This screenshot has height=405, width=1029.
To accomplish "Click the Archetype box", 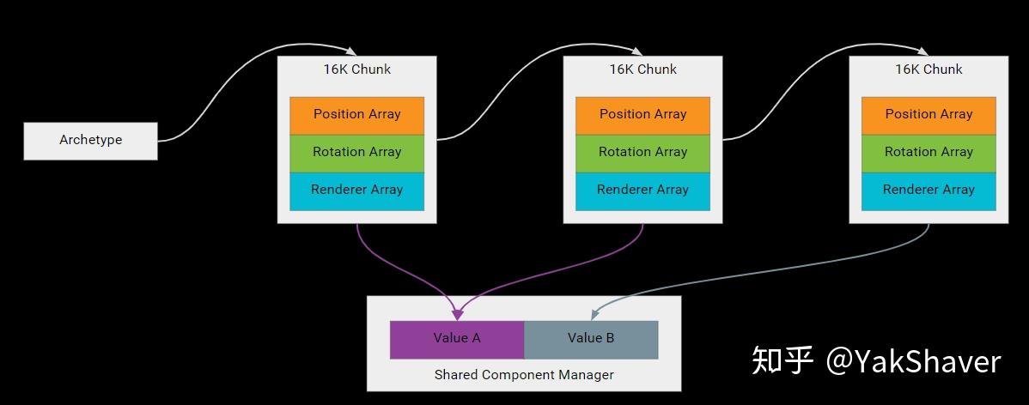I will pos(90,141).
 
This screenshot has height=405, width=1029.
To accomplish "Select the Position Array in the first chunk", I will pos(356,115).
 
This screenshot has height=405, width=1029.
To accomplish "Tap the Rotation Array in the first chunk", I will pos(356,153).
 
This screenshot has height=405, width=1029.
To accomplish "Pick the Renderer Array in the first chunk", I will pos(356,190).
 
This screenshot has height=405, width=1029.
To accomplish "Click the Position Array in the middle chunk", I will pos(642,115).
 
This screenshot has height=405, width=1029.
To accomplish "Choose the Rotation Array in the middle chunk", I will pos(642,153).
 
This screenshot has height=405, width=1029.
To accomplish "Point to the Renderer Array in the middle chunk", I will pos(642,190).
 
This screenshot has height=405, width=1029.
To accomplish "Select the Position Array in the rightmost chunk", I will pos(929,115).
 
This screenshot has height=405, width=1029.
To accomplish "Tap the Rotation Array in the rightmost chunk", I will pos(929,153).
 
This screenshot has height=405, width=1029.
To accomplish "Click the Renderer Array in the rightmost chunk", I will pos(929,190).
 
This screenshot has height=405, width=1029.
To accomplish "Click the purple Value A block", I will pos(457,339).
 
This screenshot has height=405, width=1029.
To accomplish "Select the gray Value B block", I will pos(591,339).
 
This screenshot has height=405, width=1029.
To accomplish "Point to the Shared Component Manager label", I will pos(524,375).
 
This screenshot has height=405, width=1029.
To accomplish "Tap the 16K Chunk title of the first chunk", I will pos(356,70).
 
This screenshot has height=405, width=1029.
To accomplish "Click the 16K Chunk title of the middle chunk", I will pos(642,70).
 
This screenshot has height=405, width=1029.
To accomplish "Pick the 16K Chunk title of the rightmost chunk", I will pos(929,70).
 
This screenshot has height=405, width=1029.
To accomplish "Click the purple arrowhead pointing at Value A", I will pos(457,315).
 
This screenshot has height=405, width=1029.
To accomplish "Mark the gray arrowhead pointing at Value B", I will pos(591,315).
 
